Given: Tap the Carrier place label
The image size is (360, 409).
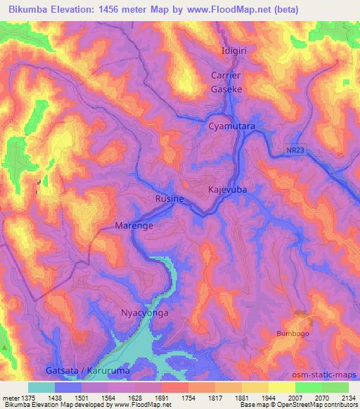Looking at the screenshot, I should coord(226,76).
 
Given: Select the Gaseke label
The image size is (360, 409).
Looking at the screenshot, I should coord(226,90).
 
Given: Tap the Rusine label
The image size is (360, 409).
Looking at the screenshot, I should coord(169,199).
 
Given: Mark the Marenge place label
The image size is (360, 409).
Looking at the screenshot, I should coord(134,226).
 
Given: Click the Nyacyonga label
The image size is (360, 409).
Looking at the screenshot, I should coord(145,313).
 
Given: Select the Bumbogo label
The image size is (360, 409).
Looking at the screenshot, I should coord(294,333).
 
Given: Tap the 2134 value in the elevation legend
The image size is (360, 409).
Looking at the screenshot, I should coord(347,397).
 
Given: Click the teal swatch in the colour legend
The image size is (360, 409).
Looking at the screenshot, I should coord(41,387).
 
